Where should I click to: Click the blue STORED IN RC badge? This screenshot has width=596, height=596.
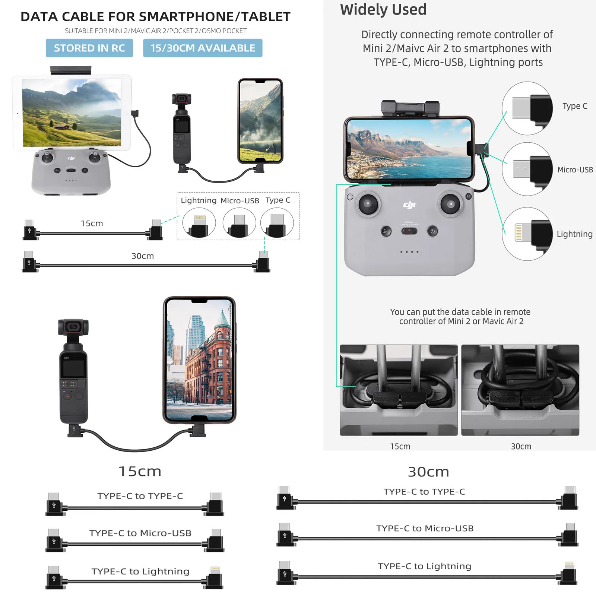click(x=89, y=48)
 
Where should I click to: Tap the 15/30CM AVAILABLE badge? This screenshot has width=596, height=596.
click(x=203, y=48)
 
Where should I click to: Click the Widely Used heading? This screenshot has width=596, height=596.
click(x=383, y=10)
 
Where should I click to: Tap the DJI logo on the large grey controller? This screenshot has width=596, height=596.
click(x=409, y=205)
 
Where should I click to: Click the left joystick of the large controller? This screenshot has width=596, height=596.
click(x=368, y=204)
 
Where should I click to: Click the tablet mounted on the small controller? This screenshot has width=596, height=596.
click(x=72, y=112)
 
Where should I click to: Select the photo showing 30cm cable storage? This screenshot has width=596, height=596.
click(x=520, y=390)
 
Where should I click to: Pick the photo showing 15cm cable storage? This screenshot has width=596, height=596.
click(x=399, y=390)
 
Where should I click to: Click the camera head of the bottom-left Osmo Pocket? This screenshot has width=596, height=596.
click(x=73, y=327)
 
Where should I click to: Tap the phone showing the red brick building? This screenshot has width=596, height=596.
click(x=200, y=360)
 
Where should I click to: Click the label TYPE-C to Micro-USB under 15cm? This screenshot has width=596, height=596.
click(x=140, y=533)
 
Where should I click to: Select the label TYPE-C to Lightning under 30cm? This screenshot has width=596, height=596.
click(x=424, y=566)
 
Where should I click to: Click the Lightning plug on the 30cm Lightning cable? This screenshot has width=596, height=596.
click(x=569, y=565)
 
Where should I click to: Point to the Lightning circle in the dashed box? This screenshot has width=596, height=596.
click(x=199, y=223)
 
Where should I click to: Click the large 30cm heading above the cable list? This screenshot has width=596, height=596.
click(x=428, y=472)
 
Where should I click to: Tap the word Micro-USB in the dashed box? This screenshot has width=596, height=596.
click(x=240, y=201)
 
